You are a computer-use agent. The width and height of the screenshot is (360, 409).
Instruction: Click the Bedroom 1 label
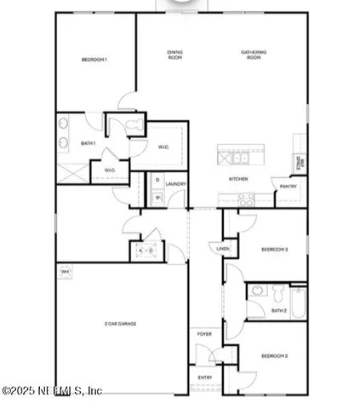[94, 59]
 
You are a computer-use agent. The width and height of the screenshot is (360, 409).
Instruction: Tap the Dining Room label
[174, 54]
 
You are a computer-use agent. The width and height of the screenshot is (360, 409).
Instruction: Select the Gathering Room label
[254, 54]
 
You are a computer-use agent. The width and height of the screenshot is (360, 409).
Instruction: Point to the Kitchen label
[237, 179]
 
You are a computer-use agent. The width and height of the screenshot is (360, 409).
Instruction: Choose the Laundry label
[176, 183]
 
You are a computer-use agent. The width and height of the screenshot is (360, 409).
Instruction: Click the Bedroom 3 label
[274, 249]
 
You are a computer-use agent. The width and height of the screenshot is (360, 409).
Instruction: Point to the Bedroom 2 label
[274, 354]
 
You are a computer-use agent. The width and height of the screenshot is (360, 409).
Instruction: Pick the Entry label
[205, 376]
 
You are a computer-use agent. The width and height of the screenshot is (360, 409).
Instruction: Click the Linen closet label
[223, 248]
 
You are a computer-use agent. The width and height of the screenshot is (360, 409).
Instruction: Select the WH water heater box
[65, 272]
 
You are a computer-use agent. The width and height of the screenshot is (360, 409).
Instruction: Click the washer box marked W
[157, 199]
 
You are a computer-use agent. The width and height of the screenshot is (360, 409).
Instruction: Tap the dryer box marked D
[157, 181]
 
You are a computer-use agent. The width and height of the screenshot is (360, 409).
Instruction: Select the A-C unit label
[143, 251]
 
